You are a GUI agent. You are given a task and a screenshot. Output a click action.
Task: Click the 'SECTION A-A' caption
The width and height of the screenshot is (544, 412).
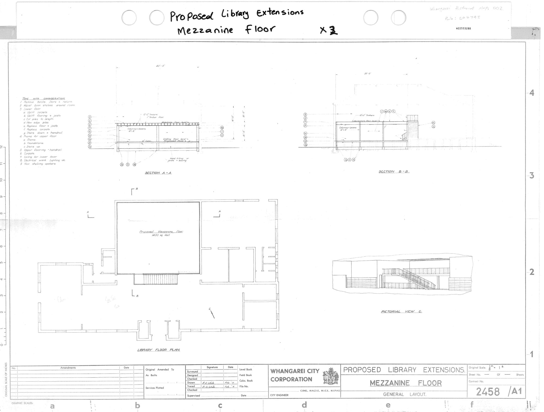tap(158, 173)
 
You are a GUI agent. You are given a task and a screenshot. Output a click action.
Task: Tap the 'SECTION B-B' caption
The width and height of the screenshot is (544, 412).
tap(394, 171)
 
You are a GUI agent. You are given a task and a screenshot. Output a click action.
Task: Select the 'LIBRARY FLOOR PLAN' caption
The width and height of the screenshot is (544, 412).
tap(158, 350)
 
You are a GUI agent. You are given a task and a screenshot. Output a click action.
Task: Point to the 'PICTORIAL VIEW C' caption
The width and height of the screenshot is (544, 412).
tap(401, 311)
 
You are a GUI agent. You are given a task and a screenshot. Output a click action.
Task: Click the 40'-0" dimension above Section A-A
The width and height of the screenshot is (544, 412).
tap(161, 66)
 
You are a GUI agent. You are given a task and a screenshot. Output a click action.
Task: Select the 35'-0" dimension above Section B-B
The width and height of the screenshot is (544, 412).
tap(367, 73)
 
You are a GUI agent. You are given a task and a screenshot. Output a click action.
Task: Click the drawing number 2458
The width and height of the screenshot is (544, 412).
tap(488, 392)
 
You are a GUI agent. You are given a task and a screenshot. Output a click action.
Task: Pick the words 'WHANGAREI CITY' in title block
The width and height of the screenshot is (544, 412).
tap(295, 371)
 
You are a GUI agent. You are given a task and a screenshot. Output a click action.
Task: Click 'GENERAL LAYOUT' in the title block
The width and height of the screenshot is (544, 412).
tap(404, 394)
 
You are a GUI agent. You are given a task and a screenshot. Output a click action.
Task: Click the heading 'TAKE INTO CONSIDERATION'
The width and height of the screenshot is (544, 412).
tap(44, 99)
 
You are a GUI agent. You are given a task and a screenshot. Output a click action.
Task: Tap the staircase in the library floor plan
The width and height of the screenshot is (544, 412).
tap(156, 279)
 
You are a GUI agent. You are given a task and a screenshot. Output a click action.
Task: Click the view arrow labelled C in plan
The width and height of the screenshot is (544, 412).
tap(212, 313)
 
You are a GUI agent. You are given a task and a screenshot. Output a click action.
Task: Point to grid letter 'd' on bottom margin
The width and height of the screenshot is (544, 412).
tap(304, 405)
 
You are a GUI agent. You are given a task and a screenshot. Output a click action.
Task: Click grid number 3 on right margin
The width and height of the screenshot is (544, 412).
tap(531, 176)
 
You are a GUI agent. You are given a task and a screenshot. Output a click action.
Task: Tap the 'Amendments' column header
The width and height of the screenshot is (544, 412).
tap(68, 368)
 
